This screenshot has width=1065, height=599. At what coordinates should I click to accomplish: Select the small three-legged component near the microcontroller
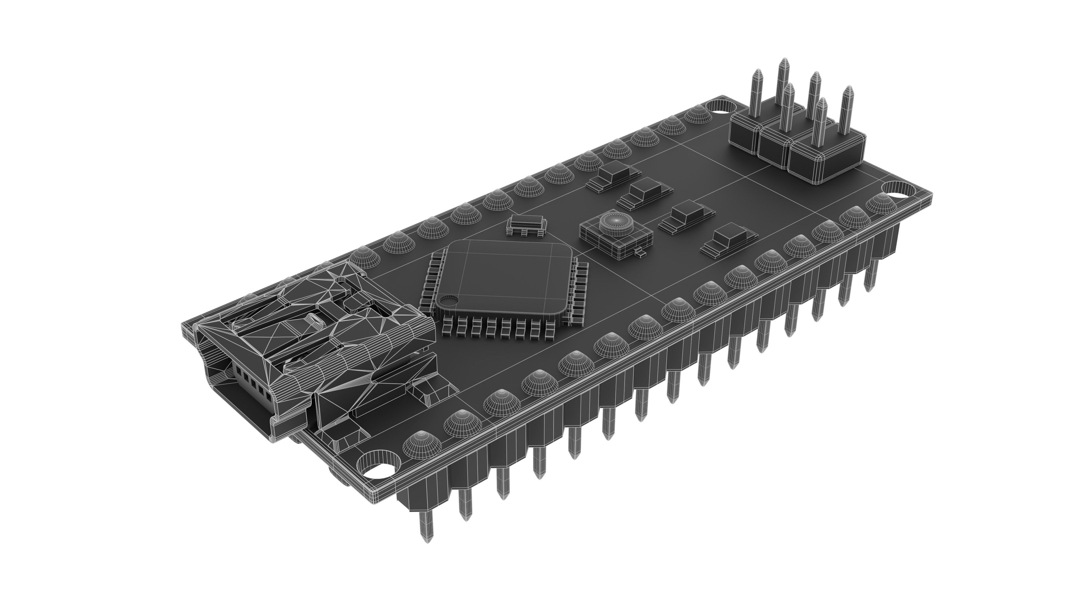click(x=527, y=225)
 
